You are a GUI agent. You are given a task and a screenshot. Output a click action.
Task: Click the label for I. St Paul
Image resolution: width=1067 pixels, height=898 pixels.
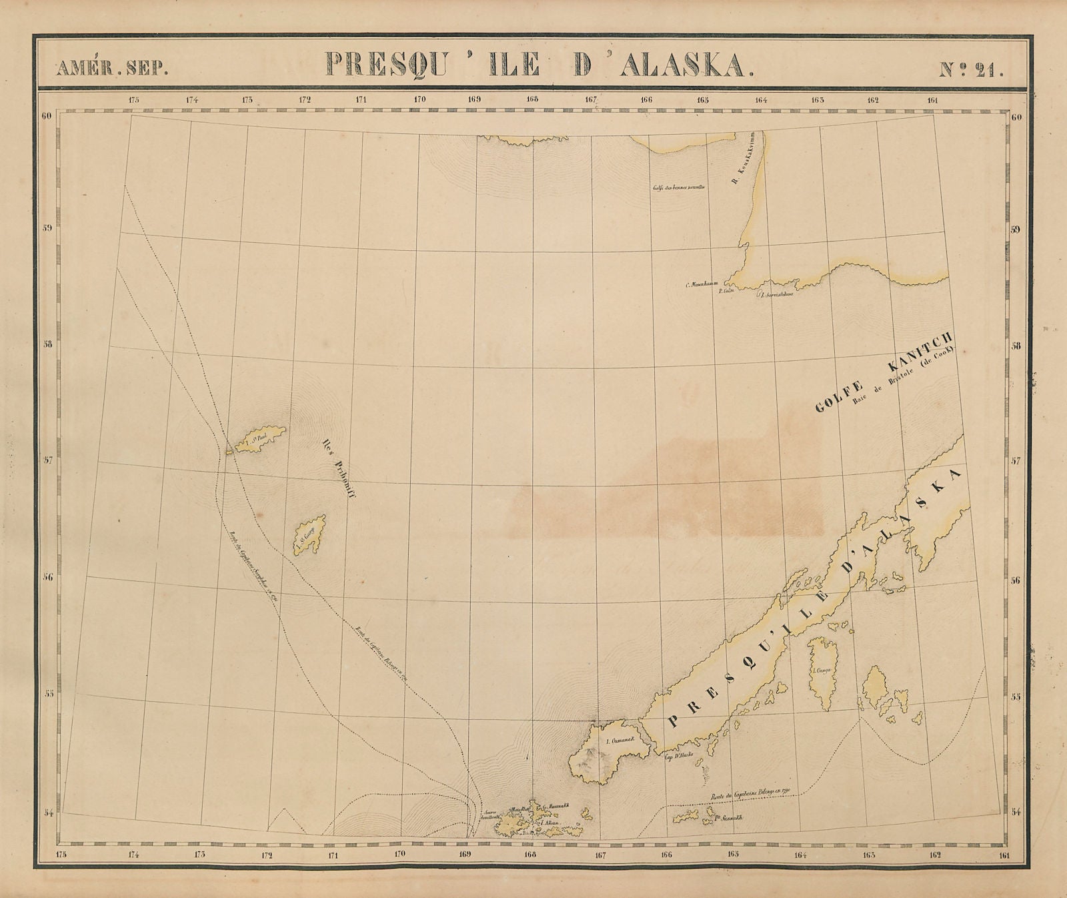coord(255,438)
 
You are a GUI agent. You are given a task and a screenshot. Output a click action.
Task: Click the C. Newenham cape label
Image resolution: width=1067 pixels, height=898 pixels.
coord(700,285)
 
